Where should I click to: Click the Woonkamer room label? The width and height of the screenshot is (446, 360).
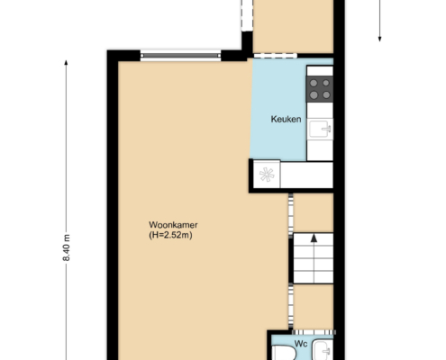pos(173,225)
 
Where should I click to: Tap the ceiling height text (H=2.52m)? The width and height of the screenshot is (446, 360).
pos(170,235)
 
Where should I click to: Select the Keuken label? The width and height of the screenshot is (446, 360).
pos(286,119)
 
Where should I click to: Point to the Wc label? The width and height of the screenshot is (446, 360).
pos(301,344)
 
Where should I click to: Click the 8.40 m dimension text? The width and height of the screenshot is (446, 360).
pos(67,247)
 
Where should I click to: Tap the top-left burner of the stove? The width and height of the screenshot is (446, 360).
pos(314,83)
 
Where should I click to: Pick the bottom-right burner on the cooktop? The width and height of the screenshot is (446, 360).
pos(326,95)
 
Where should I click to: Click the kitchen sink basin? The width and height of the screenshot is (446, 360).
pos(320,129)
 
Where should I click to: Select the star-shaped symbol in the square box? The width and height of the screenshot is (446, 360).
pos(267,175)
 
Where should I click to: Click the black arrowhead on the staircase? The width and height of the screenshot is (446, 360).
pos(314,238)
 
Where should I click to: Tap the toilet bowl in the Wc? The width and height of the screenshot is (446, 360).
pos(284,353)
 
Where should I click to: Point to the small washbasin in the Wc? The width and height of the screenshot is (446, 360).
pos(323,350)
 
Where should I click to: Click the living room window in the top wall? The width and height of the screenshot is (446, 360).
pos(180,56)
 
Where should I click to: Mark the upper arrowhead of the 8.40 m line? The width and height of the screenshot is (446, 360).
pos(66,62)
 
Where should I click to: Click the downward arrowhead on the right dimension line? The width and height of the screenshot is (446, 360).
pos(379,39)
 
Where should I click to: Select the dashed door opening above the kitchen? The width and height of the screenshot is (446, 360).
pos(276,56)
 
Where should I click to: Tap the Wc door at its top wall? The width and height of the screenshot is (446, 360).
pos(314,332)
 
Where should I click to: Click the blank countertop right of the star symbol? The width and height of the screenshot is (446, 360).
pos(306,175)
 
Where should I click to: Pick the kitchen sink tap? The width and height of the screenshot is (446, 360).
pos(327,129)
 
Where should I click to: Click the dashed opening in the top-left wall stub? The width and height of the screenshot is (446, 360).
pos(247,15)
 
